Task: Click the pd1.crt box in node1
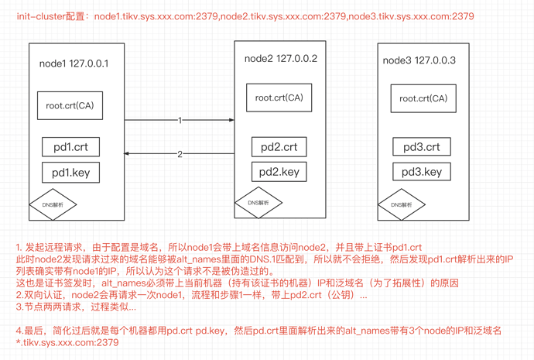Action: [x=70, y=147]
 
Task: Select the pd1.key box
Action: [x=70, y=172]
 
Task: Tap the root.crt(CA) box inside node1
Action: [x=70, y=105]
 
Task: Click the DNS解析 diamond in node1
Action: [x=53, y=205]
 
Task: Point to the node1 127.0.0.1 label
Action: [x=74, y=63]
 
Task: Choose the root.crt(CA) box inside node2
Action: [x=279, y=98]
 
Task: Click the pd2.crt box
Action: [x=279, y=147]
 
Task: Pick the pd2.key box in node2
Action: [x=279, y=172]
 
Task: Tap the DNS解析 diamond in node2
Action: [x=258, y=203]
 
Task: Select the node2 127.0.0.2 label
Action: [x=280, y=59]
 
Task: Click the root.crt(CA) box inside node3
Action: [x=423, y=98]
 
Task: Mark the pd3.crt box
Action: [x=422, y=147]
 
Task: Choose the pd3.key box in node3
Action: [x=422, y=172]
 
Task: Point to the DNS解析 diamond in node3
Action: [x=402, y=205]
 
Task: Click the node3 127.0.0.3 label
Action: [x=419, y=60]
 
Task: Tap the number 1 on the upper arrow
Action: [x=180, y=121]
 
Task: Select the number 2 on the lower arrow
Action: [x=180, y=154]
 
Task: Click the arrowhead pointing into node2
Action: [x=231, y=120]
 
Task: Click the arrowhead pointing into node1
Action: [x=128, y=153]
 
